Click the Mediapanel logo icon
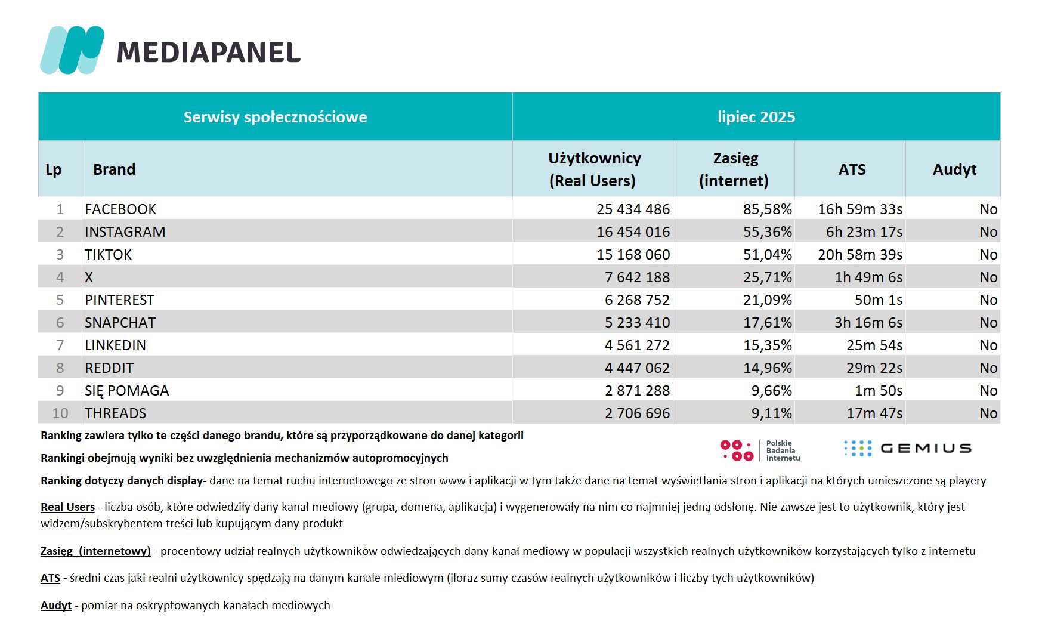[x=72, y=50]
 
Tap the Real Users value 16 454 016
[x=633, y=232]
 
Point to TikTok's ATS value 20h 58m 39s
[x=860, y=255]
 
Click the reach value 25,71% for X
[x=768, y=277]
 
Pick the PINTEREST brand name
[x=119, y=300]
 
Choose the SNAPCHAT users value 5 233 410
[x=637, y=323]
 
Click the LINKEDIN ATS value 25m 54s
[x=874, y=345]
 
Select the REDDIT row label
[x=109, y=368]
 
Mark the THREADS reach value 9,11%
[x=772, y=413]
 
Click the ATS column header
[x=852, y=170]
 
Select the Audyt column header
[x=954, y=170]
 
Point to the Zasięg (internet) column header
[x=734, y=169]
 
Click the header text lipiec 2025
[x=756, y=117]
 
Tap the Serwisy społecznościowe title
[x=275, y=117]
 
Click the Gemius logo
[x=908, y=449]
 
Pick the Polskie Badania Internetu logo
[x=760, y=450]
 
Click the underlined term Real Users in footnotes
[x=67, y=507]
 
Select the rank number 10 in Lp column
[x=60, y=413]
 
